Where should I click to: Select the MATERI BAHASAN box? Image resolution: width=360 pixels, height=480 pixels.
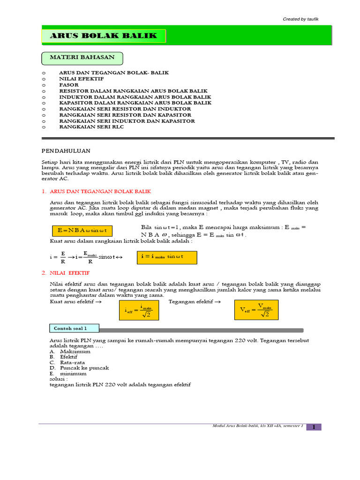82,58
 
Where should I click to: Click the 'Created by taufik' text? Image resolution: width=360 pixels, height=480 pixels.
301,19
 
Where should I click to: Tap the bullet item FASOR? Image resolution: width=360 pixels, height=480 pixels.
68,85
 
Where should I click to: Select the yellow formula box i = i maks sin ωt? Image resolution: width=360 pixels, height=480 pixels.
167,258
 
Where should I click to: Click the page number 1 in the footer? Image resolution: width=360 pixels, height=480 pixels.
314,427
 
